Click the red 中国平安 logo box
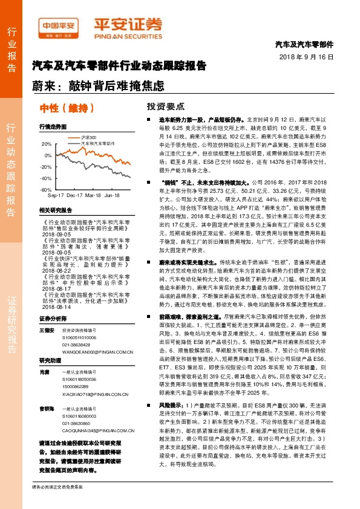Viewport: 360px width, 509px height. click(x=59, y=27)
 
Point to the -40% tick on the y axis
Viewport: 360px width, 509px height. click(x=45, y=178)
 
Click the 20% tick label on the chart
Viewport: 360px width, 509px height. click(x=46, y=144)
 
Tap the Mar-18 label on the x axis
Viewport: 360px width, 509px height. click(x=93, y=196)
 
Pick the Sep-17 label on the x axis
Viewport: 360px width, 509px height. click(x=55, y=196)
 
